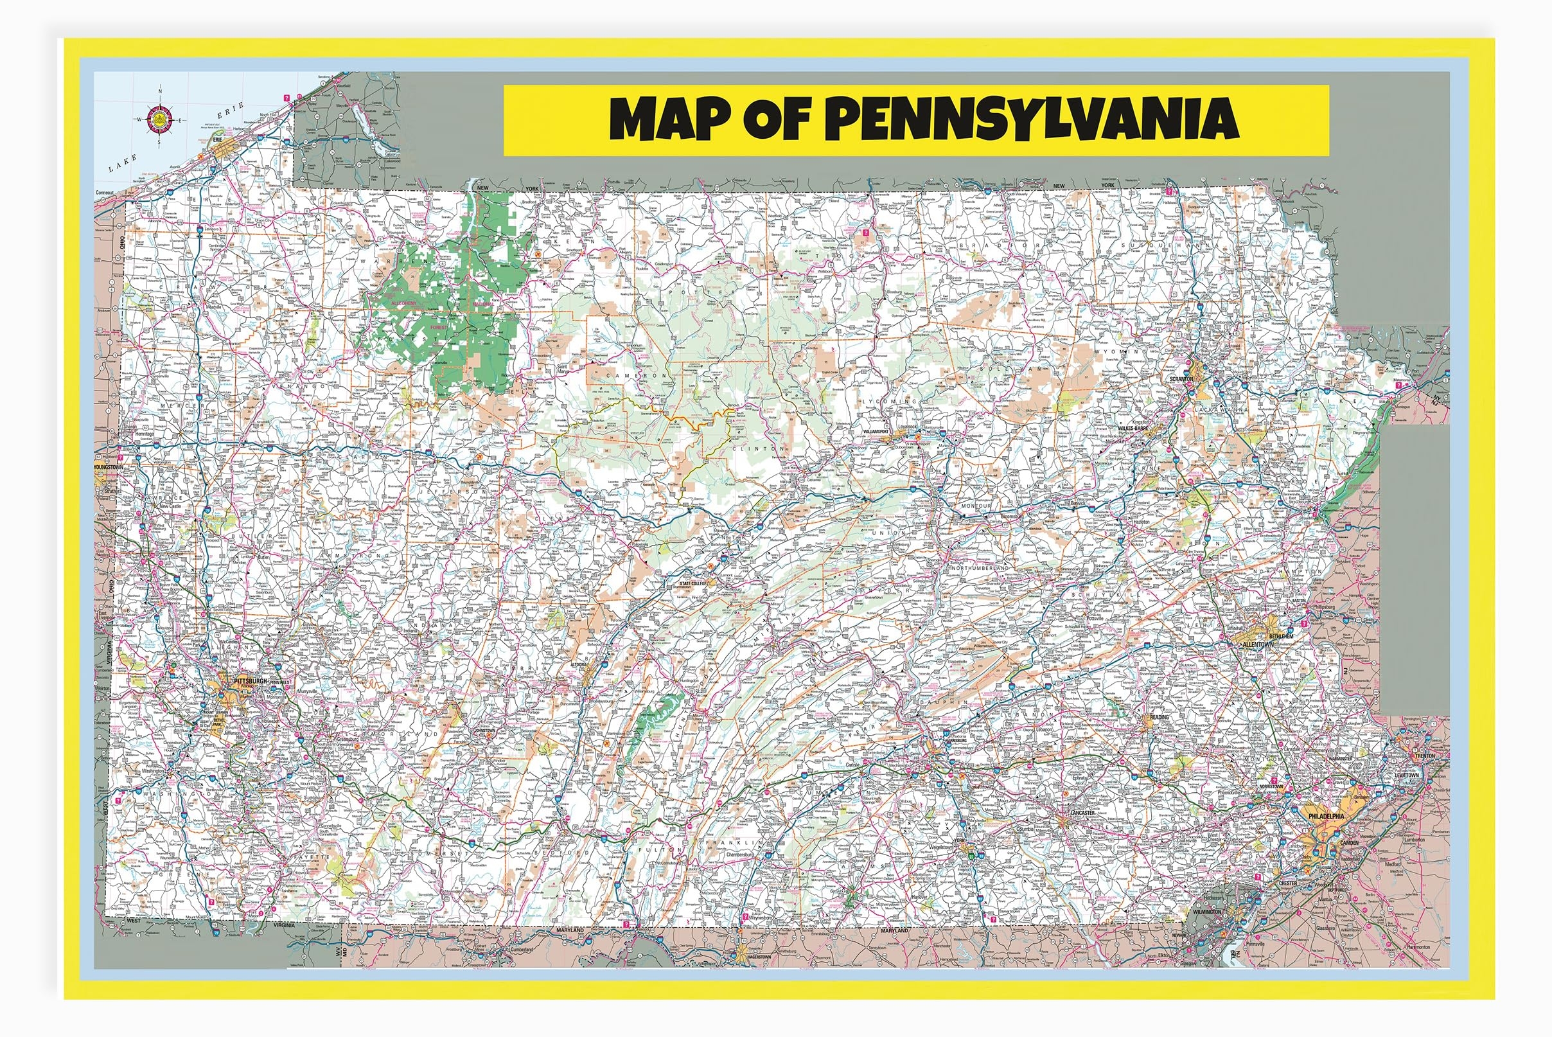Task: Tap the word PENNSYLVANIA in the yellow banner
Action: [1032, 119]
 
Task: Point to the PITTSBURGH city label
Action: [251, 680]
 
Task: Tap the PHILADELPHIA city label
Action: [1326, 816]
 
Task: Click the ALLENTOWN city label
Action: [1257, 644]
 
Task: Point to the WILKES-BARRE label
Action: [1134, 428]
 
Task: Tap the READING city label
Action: [1160, 717]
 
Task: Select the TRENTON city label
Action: [1424, 756]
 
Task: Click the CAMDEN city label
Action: [1348, 842]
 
